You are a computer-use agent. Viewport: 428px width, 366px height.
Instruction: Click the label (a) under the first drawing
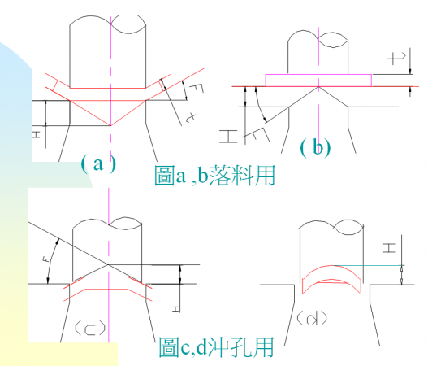point(98,164)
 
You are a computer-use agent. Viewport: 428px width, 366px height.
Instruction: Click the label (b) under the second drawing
point(316,148)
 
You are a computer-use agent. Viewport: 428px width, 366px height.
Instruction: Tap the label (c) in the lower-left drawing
point(90,328)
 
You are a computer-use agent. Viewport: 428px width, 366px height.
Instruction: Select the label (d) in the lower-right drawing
point(312,319)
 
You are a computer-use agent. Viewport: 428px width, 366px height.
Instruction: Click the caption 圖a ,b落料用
point(215,176)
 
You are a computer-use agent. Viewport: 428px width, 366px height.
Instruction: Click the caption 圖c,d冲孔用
point(216,347)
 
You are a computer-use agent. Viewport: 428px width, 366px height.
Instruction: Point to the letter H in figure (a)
point(37,134)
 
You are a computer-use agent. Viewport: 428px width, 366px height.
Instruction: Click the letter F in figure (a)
point(197,88)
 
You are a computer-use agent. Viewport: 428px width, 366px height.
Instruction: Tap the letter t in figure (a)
point(191,118)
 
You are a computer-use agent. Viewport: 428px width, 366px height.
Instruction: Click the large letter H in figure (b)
point(228,137)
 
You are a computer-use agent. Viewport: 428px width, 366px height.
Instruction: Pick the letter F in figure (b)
point(255,135)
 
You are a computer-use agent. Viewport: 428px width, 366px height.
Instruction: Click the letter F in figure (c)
point(46,259)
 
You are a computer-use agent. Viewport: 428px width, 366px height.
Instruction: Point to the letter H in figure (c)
point(175,309)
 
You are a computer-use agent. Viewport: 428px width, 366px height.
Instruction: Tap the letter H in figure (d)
point(389,248)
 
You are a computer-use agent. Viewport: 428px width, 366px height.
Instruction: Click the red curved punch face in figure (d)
point(331,266)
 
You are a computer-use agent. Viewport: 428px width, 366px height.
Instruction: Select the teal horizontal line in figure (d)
point(369,265)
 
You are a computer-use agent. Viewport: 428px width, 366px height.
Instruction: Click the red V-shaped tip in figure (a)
point(110,125)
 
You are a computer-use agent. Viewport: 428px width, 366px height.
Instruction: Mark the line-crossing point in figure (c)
point(108,264)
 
